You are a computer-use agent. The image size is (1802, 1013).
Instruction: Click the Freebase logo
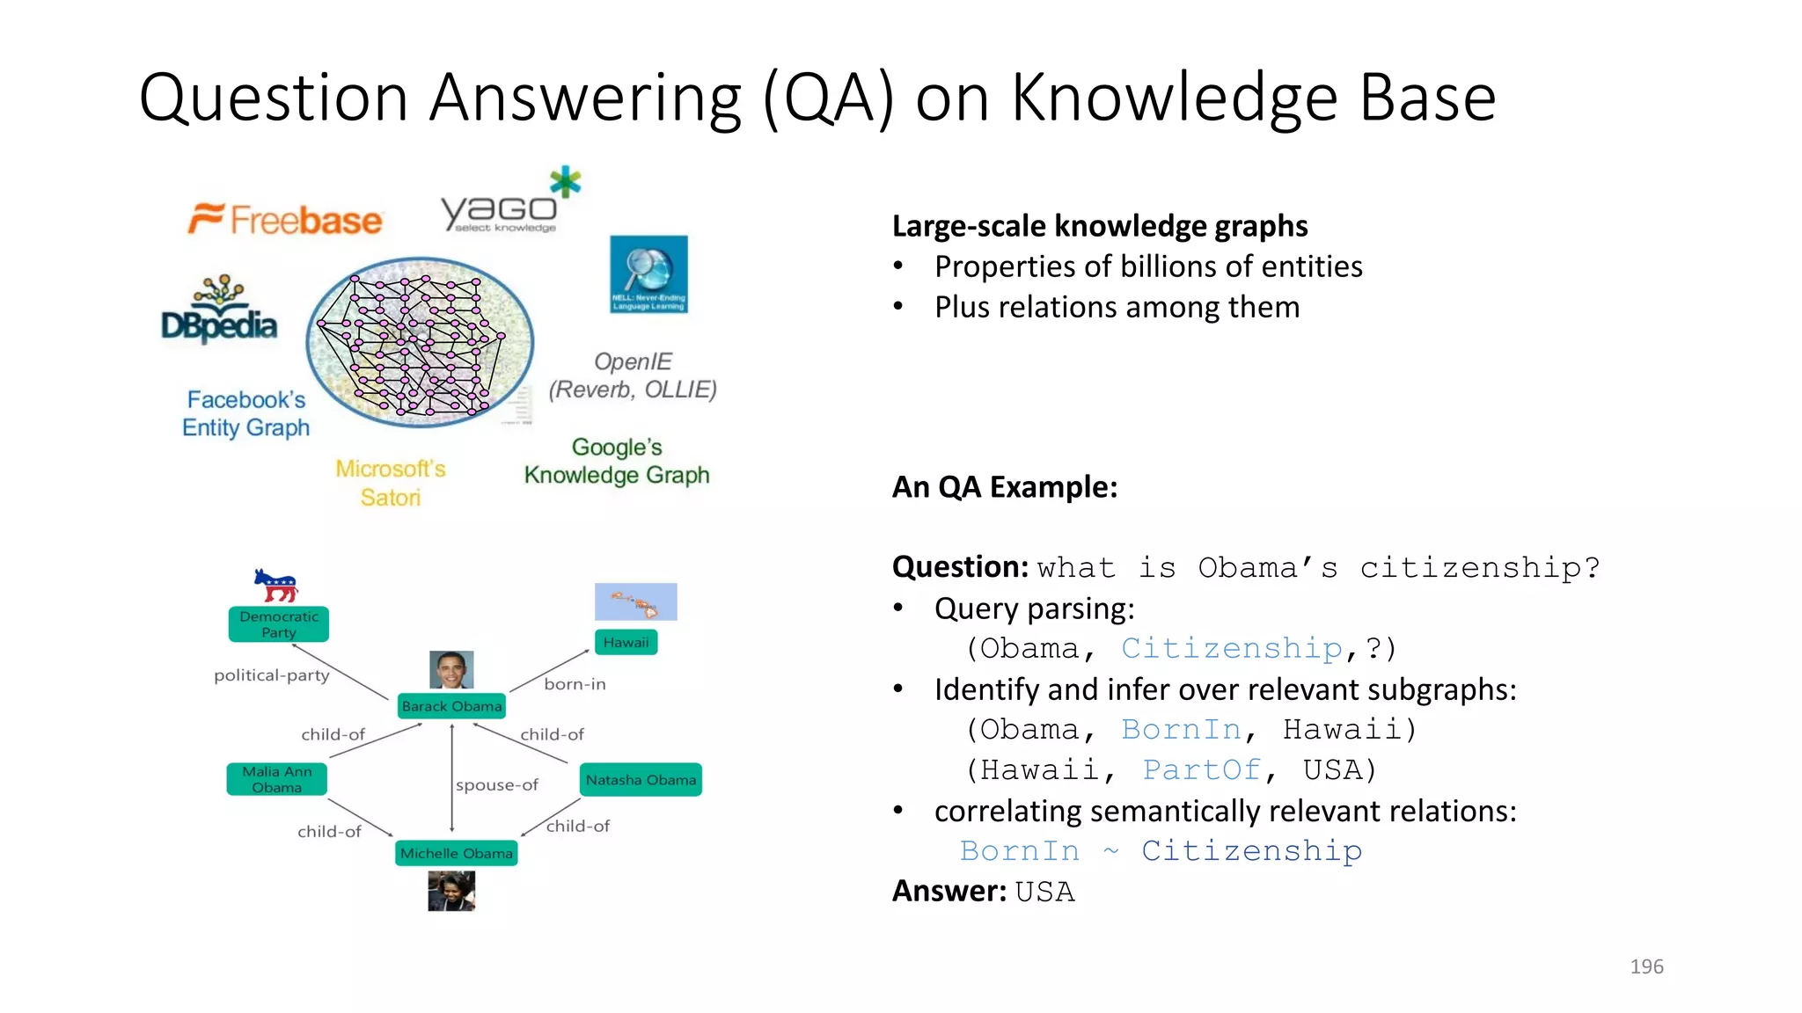click(x=285, y=219)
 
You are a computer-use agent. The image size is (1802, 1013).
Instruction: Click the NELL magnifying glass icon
click(x=648, y=273)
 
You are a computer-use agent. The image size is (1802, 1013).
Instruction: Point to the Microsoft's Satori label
click(x=391, y=483)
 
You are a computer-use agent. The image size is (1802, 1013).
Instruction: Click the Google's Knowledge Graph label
click(x=617, y=461)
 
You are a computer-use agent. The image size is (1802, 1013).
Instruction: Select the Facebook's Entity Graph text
click(x=246, y=413)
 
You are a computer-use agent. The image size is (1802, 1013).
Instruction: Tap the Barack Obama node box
click(x=451, y=706)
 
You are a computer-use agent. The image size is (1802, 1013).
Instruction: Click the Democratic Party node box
click(x=279, y=624)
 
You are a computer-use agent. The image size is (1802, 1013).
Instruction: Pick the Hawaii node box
click(x=626, y=643)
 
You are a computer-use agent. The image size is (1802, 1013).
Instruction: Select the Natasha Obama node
click(x=641, y=780)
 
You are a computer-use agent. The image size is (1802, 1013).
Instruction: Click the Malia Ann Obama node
click(x=277, y=779)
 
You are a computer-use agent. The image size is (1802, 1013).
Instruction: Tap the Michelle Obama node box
click(x=456, y=853)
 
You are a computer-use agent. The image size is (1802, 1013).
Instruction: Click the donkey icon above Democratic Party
click(x=276, y=585)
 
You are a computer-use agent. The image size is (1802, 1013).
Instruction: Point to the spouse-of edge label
click(x=497, y=784)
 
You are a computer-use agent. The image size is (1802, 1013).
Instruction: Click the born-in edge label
click(x=575, y=684)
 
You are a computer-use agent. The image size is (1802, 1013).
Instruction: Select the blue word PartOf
click(x=1201, y=769)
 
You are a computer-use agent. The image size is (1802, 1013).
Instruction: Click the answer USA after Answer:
click(x=1044, y=892)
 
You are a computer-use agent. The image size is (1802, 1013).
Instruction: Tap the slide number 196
click(x=1646, y=966)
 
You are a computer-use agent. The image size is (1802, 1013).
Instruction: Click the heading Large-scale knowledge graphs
click(x=1100, y=226)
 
